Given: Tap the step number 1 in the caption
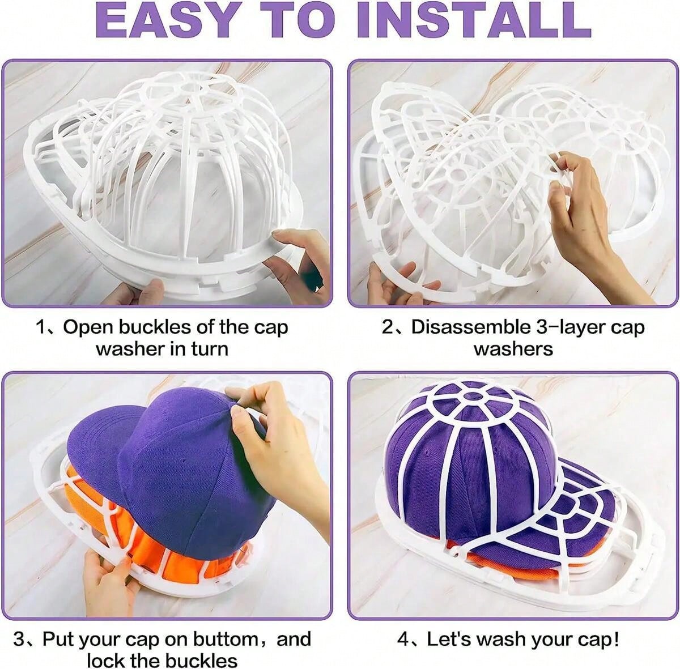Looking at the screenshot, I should (41, 327).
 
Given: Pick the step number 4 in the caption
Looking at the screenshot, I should (403, 640).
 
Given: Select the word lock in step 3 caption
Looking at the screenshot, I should (106, 660).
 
